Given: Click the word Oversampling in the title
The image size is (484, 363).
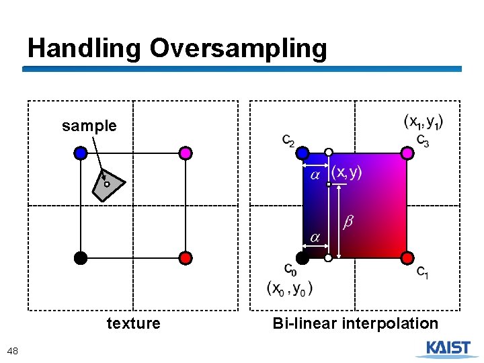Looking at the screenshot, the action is [x=238, y=48].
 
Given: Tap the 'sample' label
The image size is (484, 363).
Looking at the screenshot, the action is [x=89, y=126].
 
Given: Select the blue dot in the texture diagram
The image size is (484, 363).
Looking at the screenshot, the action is [x=81, y=153].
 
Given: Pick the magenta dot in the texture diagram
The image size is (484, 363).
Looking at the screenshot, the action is [x=186, y=153].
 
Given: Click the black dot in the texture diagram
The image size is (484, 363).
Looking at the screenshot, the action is [x=81, y=257].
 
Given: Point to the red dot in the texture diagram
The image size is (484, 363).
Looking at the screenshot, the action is [x=186, y=257].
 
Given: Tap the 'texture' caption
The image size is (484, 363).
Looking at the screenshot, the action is [x=133, y=323].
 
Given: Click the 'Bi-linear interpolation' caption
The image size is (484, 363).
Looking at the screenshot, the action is [x=355, y=323].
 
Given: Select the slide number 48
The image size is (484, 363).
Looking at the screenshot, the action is [x=12, y=350].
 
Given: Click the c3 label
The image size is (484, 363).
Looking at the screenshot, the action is [x=422, y=140].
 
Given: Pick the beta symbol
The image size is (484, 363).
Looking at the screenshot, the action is [x=349, y=221].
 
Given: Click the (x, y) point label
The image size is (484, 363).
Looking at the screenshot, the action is [x=346, y=172].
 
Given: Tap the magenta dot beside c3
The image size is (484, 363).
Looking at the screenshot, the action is [x=407, y=153].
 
